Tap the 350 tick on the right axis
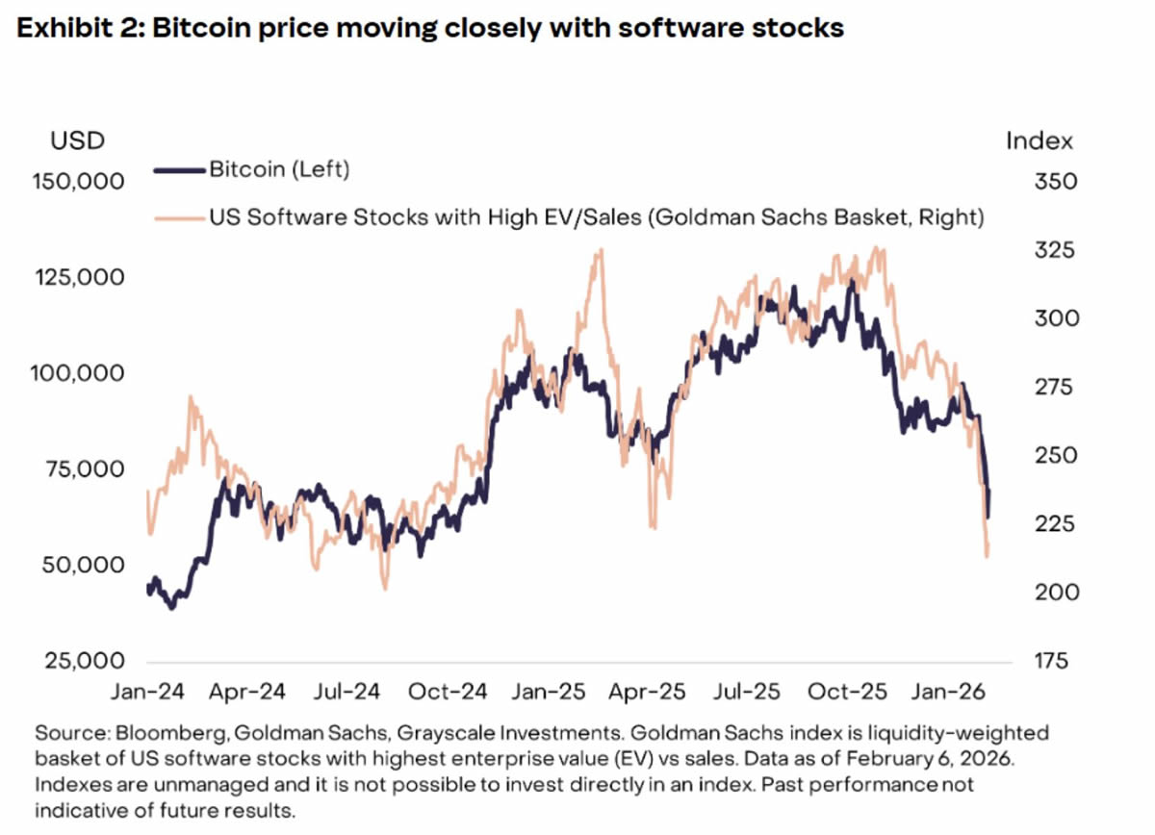pos(1042,182)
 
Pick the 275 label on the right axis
pos(1041,388)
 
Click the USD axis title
pos(77,141)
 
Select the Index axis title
pos(1039,141)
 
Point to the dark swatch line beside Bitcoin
pos(180,170)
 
